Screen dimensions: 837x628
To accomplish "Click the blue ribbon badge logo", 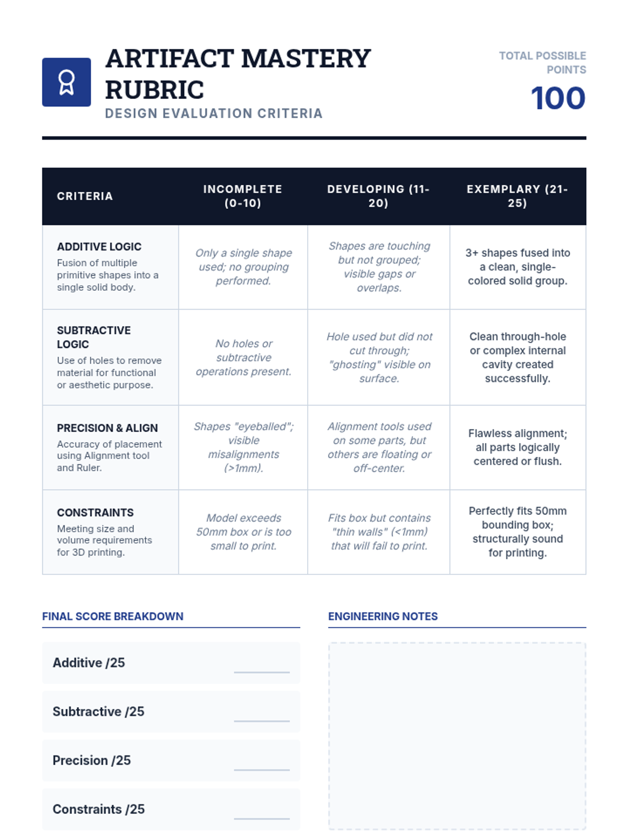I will coord(66,82).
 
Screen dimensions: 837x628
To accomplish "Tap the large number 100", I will coord(558,98).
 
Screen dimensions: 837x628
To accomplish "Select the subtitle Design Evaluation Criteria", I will coord(214,114).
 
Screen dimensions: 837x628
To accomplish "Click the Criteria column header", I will coord(85,196).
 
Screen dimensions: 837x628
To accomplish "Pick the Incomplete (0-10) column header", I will coord(243,196).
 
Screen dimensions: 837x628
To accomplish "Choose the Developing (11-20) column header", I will coord(378,196).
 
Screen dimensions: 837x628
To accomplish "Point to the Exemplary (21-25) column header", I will coord(517,196).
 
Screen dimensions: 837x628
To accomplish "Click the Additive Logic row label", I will coord(99,246).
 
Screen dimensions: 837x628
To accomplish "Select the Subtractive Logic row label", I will coord(94,337).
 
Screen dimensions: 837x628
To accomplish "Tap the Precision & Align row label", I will coord(107,428).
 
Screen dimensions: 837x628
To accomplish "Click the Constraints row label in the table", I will coord(95,513).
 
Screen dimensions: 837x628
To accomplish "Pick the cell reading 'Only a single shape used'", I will coord(243,267).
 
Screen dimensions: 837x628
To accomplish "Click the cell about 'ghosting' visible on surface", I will coord(379,357).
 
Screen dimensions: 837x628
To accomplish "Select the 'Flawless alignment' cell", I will coord(518,447).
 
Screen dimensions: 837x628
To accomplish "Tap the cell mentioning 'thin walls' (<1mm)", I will coord(379,532).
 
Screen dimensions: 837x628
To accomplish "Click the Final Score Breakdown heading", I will coord(113,616).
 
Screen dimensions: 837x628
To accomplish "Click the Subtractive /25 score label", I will coord(98,711).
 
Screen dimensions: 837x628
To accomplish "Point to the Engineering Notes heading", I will coord(383,616).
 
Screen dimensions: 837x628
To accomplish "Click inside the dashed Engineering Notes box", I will coord(457,736).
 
